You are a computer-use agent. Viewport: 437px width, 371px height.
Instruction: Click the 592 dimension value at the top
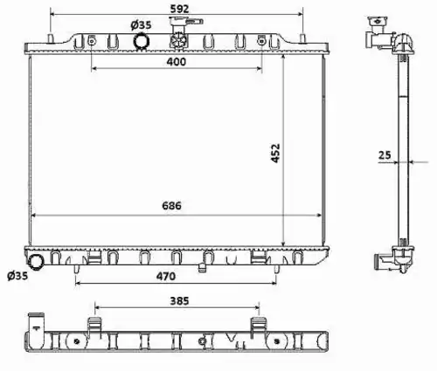pyautogui.click(x=179, y=9)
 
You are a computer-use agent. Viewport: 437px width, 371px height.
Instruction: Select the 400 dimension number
pyautogui.click(x=177, y=62)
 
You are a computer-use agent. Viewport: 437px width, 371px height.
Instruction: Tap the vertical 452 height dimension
pyautogui.click(x=275, y=153)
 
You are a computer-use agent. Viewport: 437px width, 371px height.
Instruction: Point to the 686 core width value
pyautogui.click(x=171, y=206)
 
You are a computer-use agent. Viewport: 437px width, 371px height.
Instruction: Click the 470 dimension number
pyautogui.click(x=166, y=276)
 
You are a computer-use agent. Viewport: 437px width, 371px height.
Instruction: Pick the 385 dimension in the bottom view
pyautogui.click(x=179, y=301)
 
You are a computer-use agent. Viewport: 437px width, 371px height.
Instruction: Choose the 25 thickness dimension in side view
pyautogui.click(x=385, y=155)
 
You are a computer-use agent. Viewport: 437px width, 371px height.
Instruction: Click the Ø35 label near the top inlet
pyautogui.click(x=141, y=25)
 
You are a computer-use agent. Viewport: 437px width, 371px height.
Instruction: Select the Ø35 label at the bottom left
pyautogui.click(x=17, y=276)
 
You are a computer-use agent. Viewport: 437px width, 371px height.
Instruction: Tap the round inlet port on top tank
pyautogui.click(x=142, y=41)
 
